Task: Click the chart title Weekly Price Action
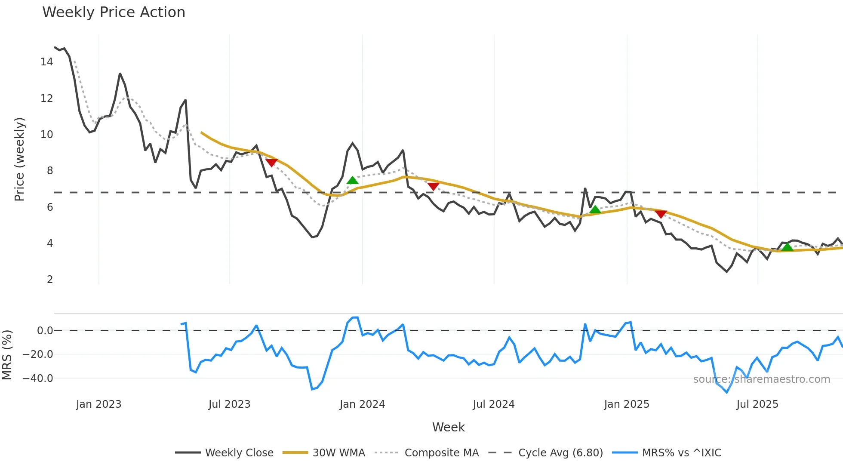point(114,12)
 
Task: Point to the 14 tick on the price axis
point(46,62)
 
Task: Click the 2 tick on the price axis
point(50,280)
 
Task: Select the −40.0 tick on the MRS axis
point(38,379)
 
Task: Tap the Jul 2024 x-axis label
point(493,404)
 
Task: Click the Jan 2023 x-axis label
point(98,404)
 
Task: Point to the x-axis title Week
point(448,427)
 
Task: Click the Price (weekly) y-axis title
point(20,159)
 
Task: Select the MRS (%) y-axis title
point(7,355)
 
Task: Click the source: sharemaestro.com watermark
point(761,379)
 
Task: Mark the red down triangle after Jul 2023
point(271,163)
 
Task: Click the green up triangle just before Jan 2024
point(352,180)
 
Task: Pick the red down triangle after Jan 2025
point(661,214)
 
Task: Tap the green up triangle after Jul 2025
point(787,247)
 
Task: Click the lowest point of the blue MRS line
point(727,392)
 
